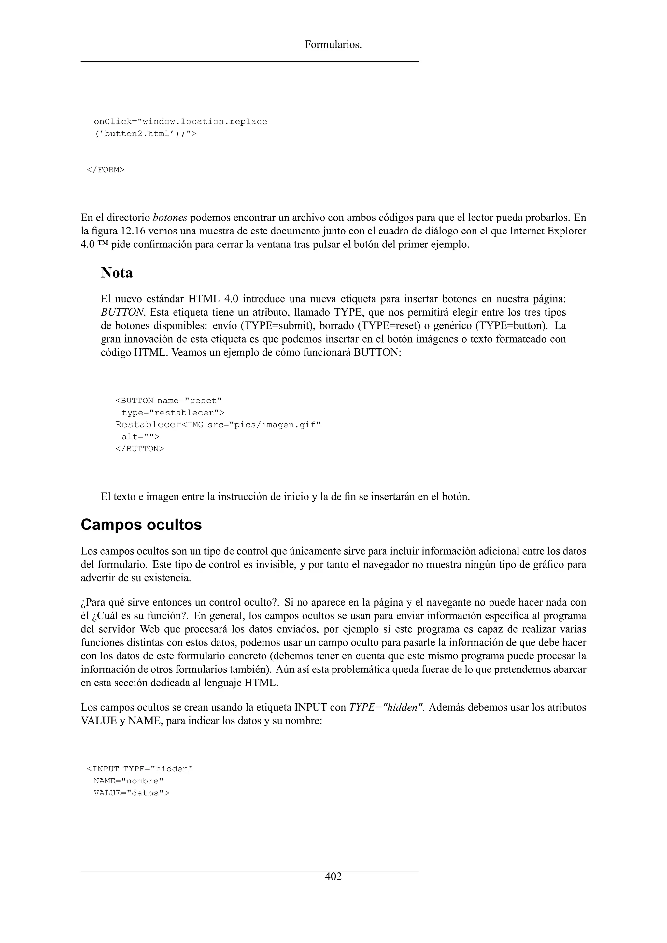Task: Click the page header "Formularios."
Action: (333, 44)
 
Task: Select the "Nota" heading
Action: (117, 273)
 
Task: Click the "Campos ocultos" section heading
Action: (141, 525)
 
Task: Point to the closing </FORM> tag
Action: (106, 170)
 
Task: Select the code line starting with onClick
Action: (180, 121)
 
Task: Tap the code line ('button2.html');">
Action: (145, 134)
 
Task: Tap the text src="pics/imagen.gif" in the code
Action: (264, 425)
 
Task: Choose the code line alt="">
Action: (140, 437)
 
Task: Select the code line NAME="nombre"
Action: (129, 781)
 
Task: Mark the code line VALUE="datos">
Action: (132, 793)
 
